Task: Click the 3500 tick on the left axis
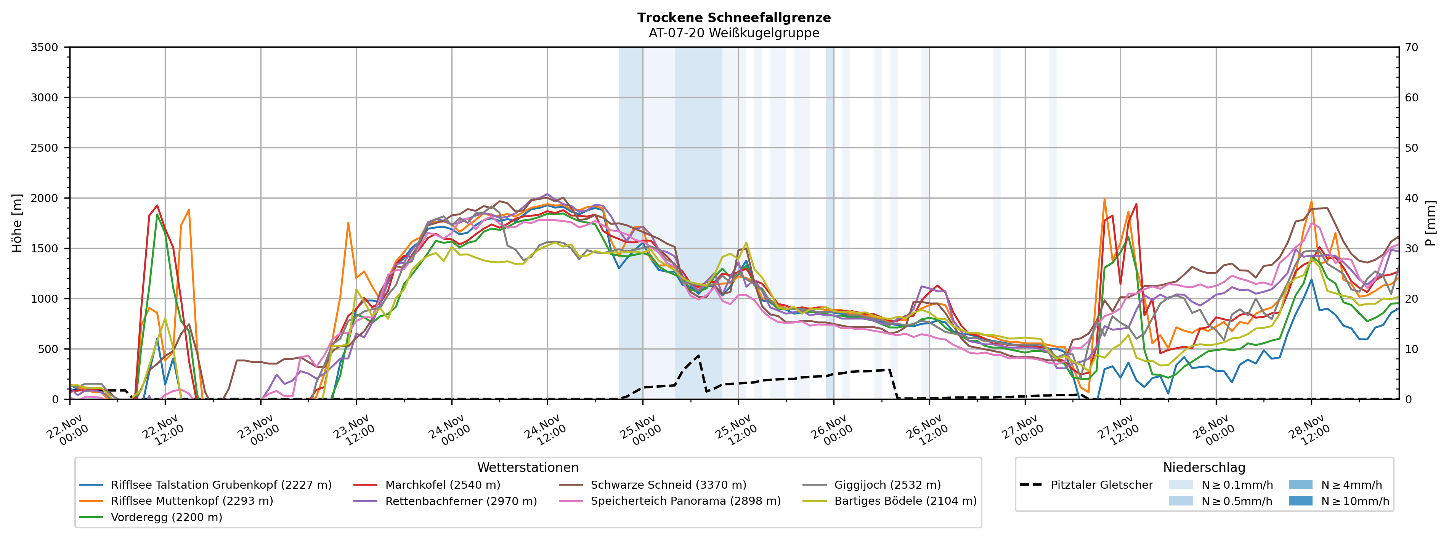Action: point(45,47)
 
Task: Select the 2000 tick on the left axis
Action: point(45,198)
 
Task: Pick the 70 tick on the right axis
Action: point(1411,47)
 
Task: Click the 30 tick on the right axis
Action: point(1411,248)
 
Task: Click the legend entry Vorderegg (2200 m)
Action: point(167,517)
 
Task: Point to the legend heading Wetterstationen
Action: point(528,468)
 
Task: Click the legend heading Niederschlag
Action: point(1204,468)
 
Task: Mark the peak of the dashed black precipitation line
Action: point(699,355)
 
